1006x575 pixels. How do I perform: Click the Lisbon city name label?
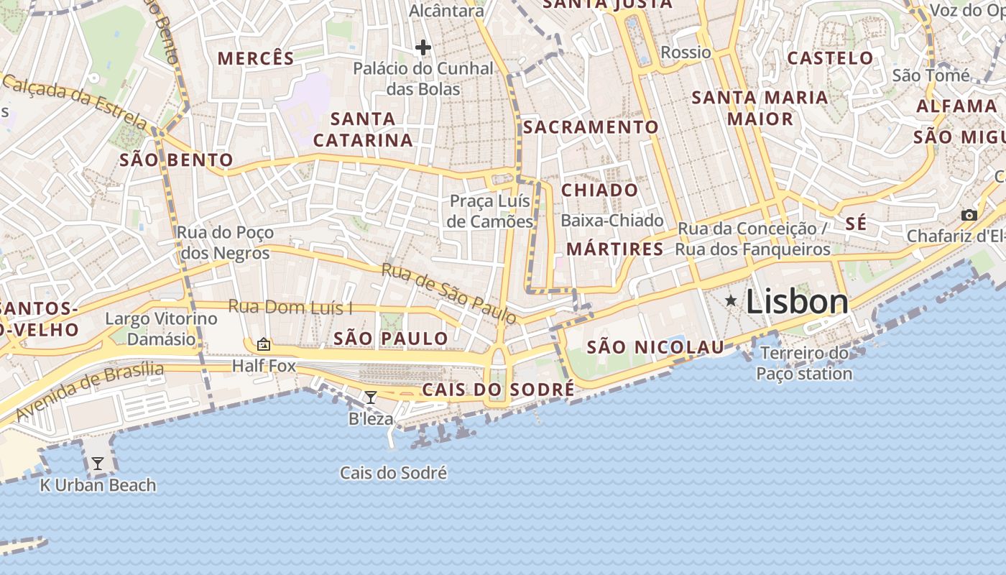click(x=797, y=302)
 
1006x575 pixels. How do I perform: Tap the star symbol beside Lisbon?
click(x=731, y=300)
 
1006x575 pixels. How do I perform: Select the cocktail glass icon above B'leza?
click(x=371, y=397)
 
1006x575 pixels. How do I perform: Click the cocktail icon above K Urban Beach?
click(x=97, y=464)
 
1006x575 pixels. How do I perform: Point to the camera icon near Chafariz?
click(x=969, y=215)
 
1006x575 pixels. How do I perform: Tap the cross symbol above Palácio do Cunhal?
click(x=423, y=48)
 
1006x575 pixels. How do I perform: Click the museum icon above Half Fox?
click(x=263, y=344)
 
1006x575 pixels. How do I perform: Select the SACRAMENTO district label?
click(x=591, y=127)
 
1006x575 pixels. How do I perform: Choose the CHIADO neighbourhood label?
click(x=599, y=190)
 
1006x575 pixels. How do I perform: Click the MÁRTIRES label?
click(x=615, y=249)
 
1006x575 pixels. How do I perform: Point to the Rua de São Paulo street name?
click(x=448, y=293)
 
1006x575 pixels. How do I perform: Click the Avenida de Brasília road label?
click(x=89, y=392)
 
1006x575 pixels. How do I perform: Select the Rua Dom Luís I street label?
click(x=290, y=307)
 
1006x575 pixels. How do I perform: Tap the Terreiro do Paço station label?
click(x=804, y=363)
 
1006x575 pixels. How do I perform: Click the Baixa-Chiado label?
click(x=612, y=221)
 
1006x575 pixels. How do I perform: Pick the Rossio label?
click(x=686, y=52)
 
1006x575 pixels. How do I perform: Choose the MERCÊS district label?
click(x=256, y=58)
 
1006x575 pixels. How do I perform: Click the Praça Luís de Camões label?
click(x=490, y=211)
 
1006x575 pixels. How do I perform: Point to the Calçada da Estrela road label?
click(x=75, y=102)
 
